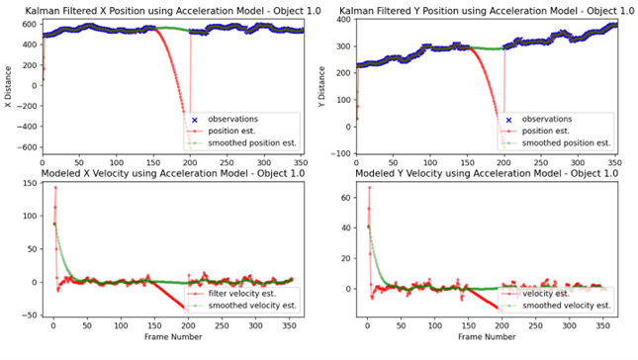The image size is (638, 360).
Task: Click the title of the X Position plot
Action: point(171,9)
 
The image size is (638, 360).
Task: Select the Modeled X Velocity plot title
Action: point(171,173)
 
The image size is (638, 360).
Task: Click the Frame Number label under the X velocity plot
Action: point(172,336)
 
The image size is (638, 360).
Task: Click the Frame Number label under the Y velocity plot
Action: point(486,336)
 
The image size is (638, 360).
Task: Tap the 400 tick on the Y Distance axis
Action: point(342,19)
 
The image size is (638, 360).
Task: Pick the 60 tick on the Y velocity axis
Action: point(344,197)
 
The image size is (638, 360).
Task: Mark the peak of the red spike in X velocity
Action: point(55,187)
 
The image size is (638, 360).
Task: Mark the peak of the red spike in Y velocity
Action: point(369,187)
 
